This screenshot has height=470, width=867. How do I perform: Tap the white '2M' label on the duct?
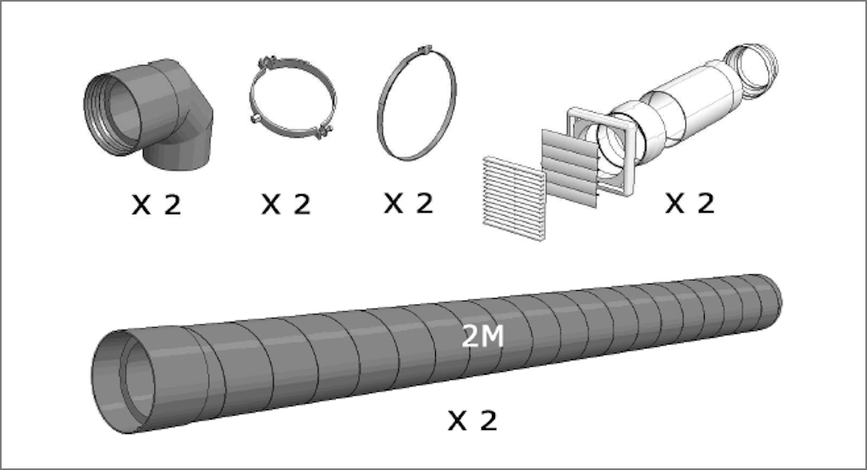click(482, 336)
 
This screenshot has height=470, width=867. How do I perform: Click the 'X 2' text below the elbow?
click(157, 205)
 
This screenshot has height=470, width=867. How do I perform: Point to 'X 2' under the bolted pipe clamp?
click(286, 205)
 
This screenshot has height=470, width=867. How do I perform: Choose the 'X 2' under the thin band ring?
click(409, 203)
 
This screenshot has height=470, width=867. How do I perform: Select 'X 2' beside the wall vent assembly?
click(689, 203)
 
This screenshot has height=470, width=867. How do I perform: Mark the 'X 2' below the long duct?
click(472, 421)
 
